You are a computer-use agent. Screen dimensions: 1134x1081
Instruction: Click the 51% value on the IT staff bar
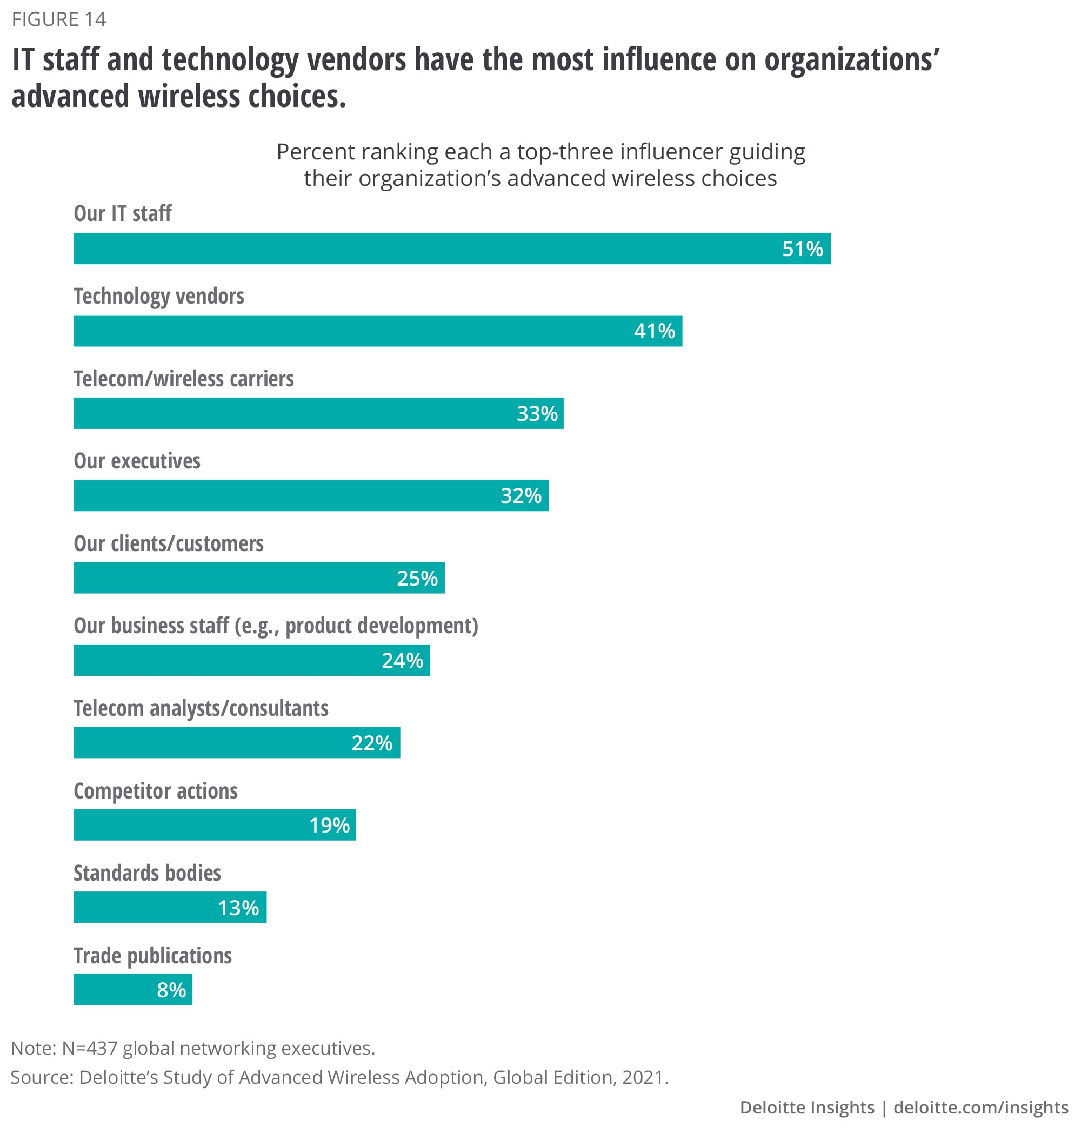point(802,249)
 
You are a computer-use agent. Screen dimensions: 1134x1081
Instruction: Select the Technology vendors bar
point(377,331)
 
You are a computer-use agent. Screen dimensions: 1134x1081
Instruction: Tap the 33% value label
point(537,413)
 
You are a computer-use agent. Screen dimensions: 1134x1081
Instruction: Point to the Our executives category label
point(137,461)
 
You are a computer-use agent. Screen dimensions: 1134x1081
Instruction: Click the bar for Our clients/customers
point(259,578)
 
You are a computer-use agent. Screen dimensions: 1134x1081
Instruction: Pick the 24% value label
point(402,661)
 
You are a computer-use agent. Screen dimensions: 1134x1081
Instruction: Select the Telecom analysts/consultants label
point(201,708)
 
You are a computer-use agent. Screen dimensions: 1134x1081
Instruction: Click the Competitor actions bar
point(215,826)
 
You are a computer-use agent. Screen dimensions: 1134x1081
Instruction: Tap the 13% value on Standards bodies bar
point(238,908)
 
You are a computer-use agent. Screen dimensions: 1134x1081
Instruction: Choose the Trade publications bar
point(132,990)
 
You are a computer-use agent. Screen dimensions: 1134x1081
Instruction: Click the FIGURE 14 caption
point(59,19)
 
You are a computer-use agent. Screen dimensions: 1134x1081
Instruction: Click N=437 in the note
point(89,1048)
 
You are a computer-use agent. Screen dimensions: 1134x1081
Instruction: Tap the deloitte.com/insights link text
point(980,1108)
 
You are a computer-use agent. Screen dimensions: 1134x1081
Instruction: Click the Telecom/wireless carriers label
point(184,379)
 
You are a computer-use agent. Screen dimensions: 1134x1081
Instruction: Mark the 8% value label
point(171,990)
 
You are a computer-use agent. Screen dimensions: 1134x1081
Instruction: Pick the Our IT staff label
point(123,213)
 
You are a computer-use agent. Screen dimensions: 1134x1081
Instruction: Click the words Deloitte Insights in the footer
point(807,1108)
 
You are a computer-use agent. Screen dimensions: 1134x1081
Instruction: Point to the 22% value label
point(372,743)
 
